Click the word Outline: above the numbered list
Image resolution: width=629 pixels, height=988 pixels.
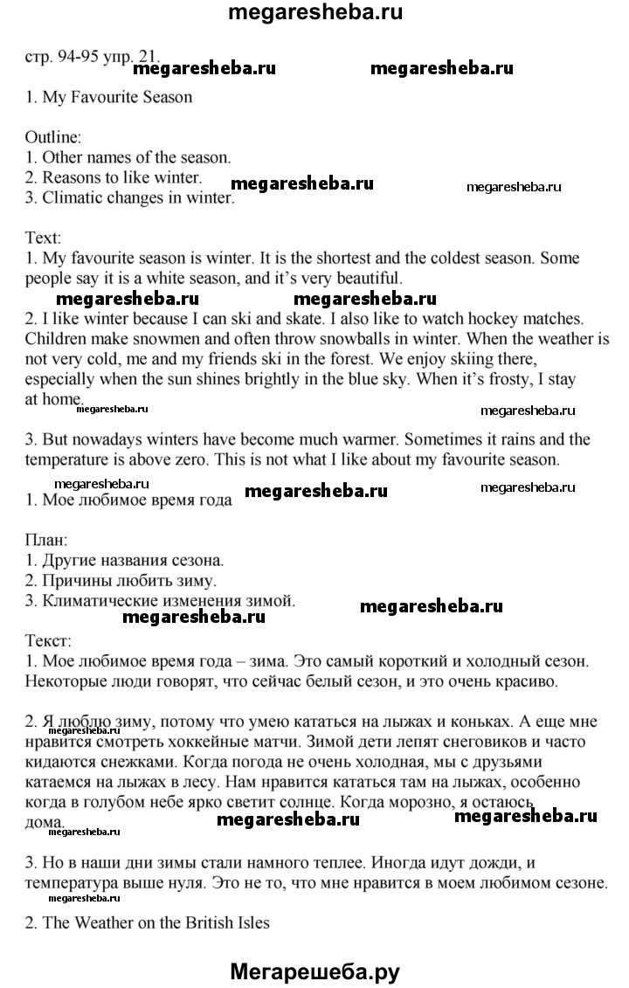53,137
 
